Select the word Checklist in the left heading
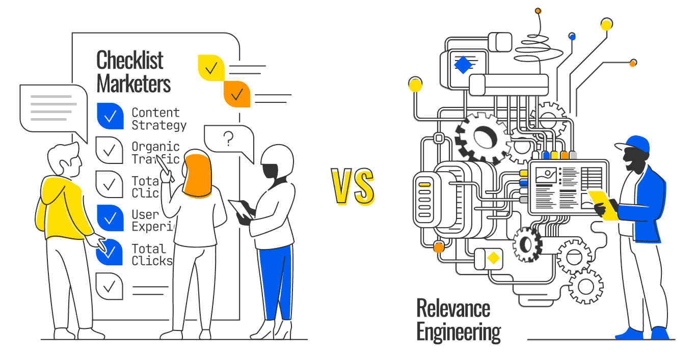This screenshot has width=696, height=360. click(x=130, y=61)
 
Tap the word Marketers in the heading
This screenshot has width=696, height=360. click(x=133, y=84)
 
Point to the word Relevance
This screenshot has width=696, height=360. click(x=453, y=309)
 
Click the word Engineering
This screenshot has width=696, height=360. click(x=459, y=331)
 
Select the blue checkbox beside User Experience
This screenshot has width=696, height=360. click(x=110, y=218)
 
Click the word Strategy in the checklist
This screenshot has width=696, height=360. click(x=159, y=125)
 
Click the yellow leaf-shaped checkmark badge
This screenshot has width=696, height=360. click(x=211, y=68)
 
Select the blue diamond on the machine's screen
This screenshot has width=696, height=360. click(x=463, y=65)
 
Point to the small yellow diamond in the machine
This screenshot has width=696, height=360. click(x=493, y=258)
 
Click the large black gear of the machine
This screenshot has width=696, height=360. click(x=481, y=137)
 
